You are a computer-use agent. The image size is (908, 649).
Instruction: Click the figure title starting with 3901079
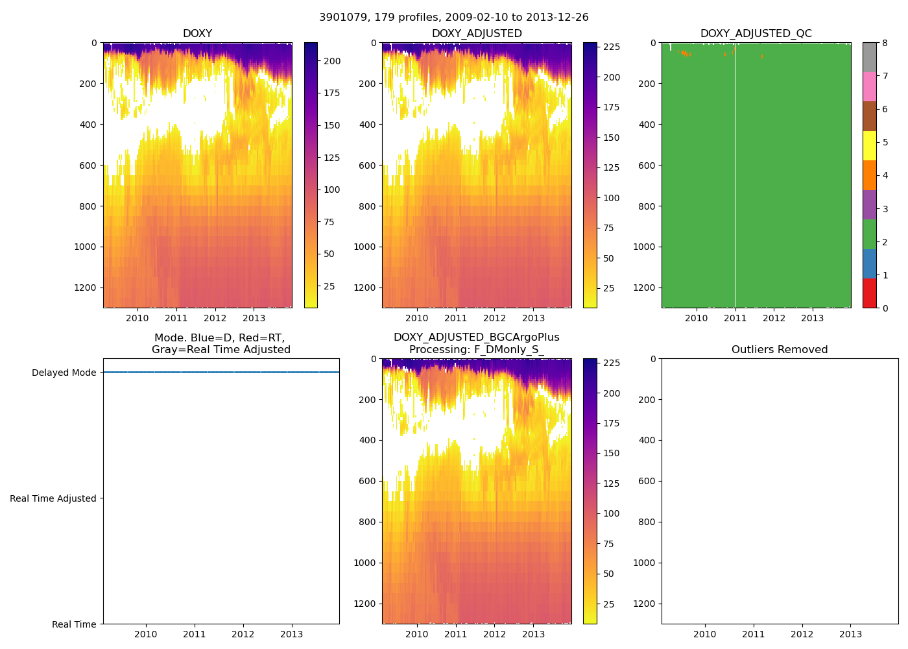(x=453, y=18)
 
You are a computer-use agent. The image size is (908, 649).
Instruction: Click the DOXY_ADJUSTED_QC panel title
(x=756, y=34)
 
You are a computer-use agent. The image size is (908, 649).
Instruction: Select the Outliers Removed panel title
(x=780, y=350)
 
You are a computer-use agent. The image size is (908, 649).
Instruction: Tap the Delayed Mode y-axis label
(x=64, y=373)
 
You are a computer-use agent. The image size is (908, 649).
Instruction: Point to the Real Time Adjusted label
(x=53, y=498)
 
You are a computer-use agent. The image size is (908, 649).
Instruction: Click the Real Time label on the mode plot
(x=74, y=624)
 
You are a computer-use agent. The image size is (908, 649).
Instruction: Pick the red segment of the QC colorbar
(x=869, y=293)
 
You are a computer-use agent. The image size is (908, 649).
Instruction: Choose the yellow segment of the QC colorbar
(x=869, y=145)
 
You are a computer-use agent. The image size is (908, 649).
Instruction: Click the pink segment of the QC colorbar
(x=869, y=86)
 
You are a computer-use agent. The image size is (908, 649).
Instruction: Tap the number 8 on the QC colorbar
(x=885, y=43)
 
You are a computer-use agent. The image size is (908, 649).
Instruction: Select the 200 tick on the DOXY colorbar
(x=332, y=61)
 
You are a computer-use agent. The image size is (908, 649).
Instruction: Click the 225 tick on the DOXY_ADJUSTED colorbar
(x=612, y=47)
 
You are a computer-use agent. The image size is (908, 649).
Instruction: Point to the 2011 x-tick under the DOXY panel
(x=176, y=318)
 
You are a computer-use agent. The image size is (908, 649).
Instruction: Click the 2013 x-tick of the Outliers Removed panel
(x=850, y=634)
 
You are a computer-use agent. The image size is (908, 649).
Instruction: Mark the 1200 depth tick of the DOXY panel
(x=86, y=288)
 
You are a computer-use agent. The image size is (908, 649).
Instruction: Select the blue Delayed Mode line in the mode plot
(x=221, y=372)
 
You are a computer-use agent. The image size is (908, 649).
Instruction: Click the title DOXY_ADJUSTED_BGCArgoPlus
(x=476, y=337)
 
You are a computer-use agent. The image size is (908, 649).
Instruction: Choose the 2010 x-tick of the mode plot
(x=146, y=634)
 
